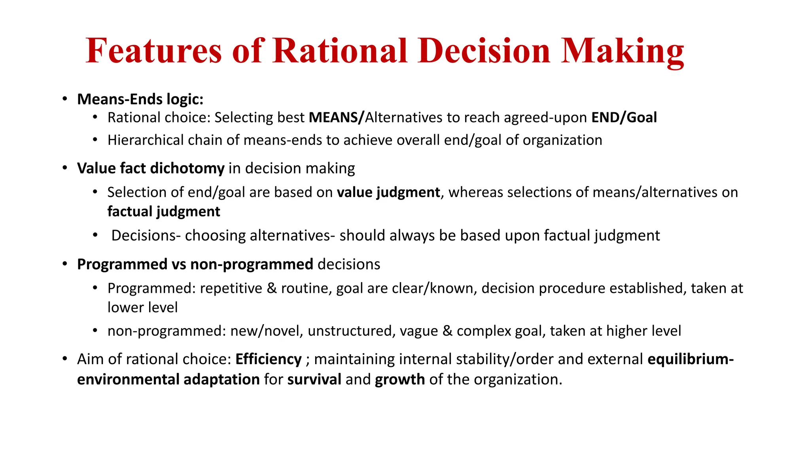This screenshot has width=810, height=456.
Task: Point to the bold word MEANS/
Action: (x=336, y=118)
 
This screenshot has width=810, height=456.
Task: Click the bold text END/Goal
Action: (x=624, y=118)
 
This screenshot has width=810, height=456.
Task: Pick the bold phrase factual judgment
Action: (x=163, y=212)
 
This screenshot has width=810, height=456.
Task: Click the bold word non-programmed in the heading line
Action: (x=252, y=264)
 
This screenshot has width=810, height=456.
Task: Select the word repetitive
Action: (x=231, y=288)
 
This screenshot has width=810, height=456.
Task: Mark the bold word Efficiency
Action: (x=269, y=359)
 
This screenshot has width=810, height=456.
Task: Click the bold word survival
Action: (x=314, y=380)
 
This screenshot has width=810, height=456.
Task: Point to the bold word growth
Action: (x=400, y=380)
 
